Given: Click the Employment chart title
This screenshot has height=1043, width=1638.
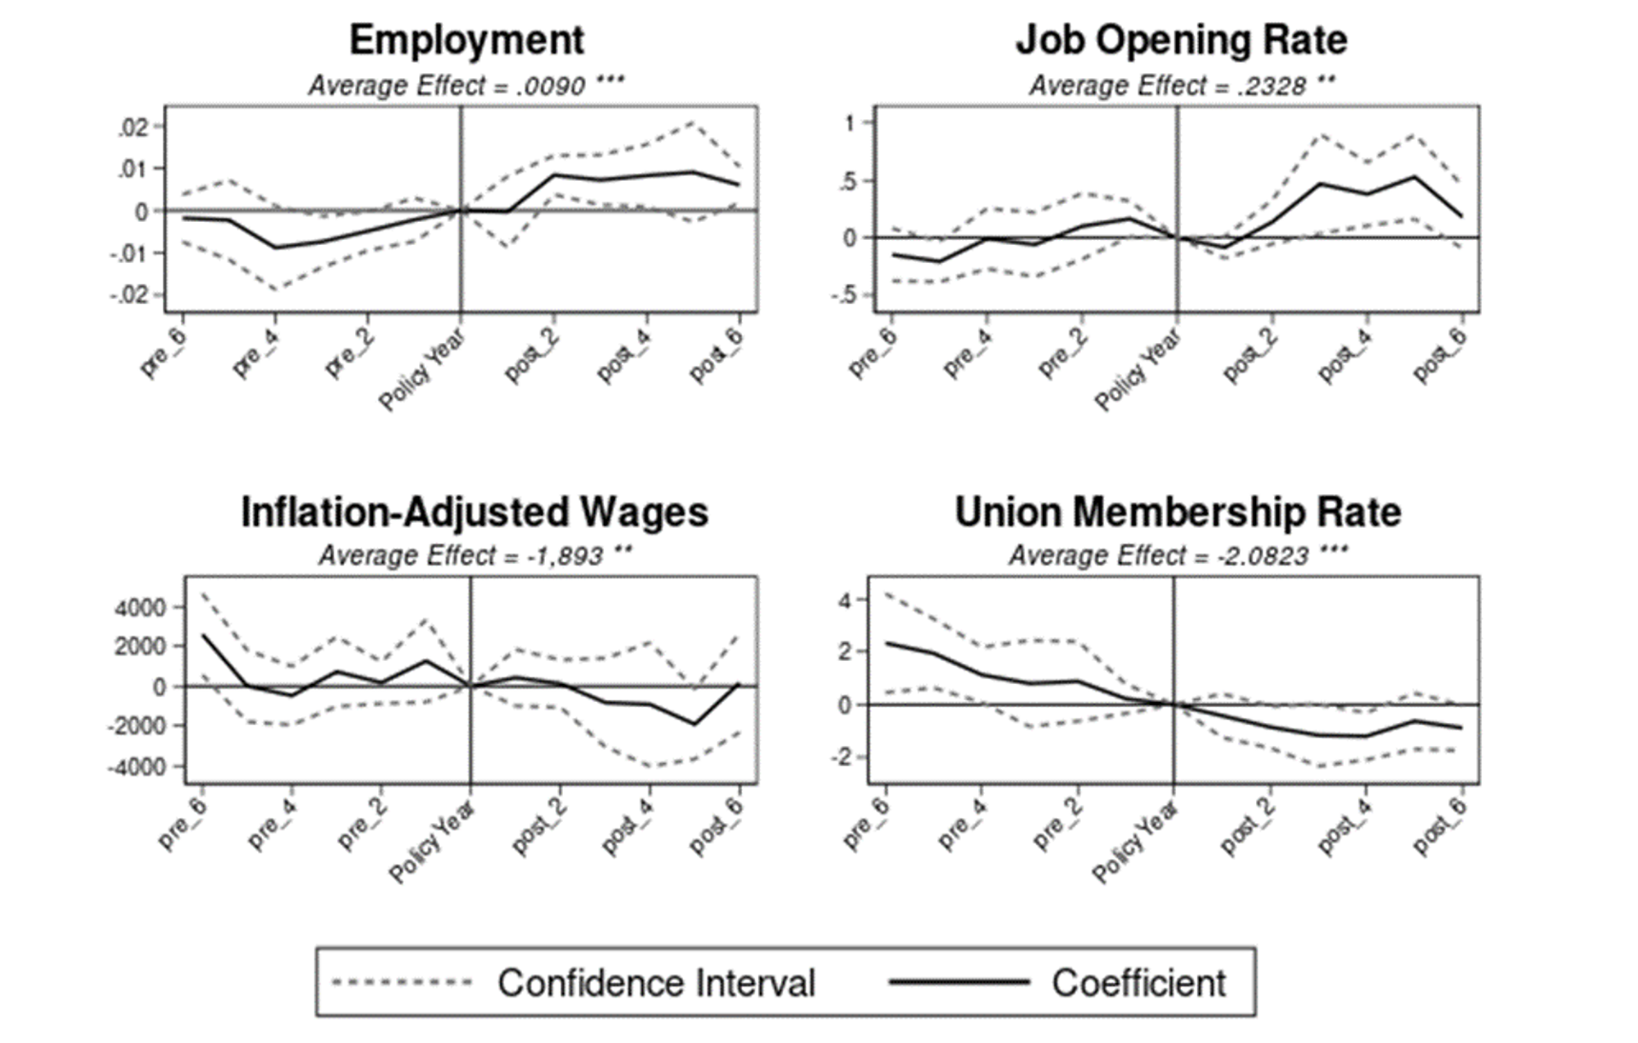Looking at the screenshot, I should [466, 40].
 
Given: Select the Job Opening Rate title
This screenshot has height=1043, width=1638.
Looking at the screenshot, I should [1181, 40].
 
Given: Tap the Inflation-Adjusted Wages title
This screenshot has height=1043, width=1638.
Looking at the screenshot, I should [474, 511].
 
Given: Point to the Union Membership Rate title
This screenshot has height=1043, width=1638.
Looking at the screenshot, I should [1178, 511].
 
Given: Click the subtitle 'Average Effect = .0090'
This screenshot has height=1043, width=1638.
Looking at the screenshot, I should [466, 86].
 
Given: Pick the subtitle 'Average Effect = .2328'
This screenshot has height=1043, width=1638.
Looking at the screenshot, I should [1181, 86].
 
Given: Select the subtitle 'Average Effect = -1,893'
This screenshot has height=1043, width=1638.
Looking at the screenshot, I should [474, 555].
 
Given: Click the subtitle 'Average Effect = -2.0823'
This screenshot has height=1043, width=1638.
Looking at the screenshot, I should [1178, 555].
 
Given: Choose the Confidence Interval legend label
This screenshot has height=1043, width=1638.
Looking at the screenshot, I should [656, 983].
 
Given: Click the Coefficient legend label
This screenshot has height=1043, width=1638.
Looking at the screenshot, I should [1139, 983].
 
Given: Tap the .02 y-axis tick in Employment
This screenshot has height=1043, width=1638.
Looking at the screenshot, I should [134, 128].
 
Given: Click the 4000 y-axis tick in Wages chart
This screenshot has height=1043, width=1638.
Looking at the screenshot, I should [139, 608].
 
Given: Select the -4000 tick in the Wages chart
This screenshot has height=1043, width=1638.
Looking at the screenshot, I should [135, 767].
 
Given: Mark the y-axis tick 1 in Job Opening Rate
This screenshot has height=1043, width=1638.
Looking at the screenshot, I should [849, 123].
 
